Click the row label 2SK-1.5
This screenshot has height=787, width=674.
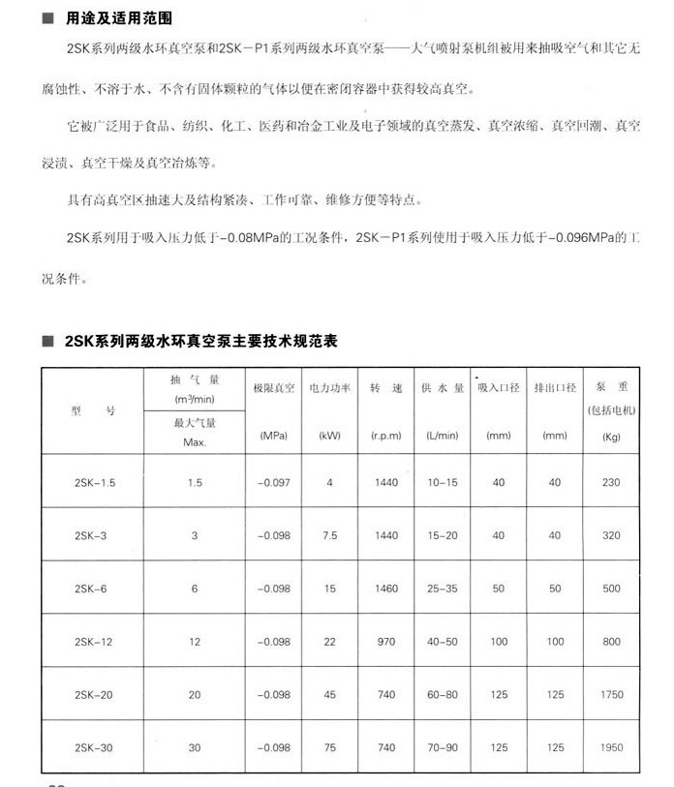point(94,482)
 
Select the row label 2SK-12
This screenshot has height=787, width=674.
point(94,642)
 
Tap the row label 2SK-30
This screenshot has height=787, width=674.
point(94,747)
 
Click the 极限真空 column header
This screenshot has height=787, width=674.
point(273,387)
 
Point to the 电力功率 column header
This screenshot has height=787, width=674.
point(329,387)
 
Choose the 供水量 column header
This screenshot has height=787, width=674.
point(442,387)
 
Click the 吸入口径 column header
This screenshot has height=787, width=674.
point(499,387)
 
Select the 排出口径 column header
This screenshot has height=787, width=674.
point(555,387)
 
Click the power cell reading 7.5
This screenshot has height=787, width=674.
point(329,535)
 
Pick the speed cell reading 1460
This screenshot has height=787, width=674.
point(385,589)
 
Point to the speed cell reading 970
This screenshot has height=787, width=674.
point(385,642)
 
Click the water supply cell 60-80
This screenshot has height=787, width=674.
point(442,694)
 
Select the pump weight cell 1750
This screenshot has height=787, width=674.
point(611,694)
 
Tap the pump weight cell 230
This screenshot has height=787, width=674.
point(611,482)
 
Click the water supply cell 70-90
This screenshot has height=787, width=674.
point(442,747)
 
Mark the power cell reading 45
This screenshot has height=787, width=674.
point(329,694)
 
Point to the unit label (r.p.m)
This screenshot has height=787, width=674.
point(385,436)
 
